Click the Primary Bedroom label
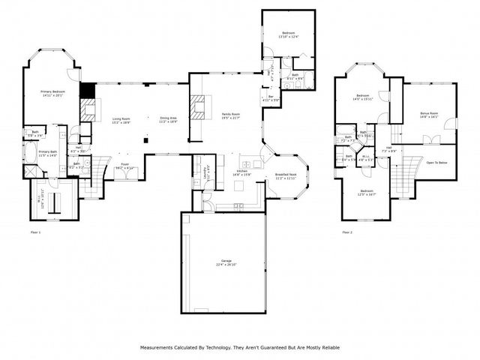point(53,92)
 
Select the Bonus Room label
point(429,114)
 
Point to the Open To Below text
point(437,162)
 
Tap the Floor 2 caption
point(347,232)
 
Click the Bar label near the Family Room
point(271,97)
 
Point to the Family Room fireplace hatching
point(199,109)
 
